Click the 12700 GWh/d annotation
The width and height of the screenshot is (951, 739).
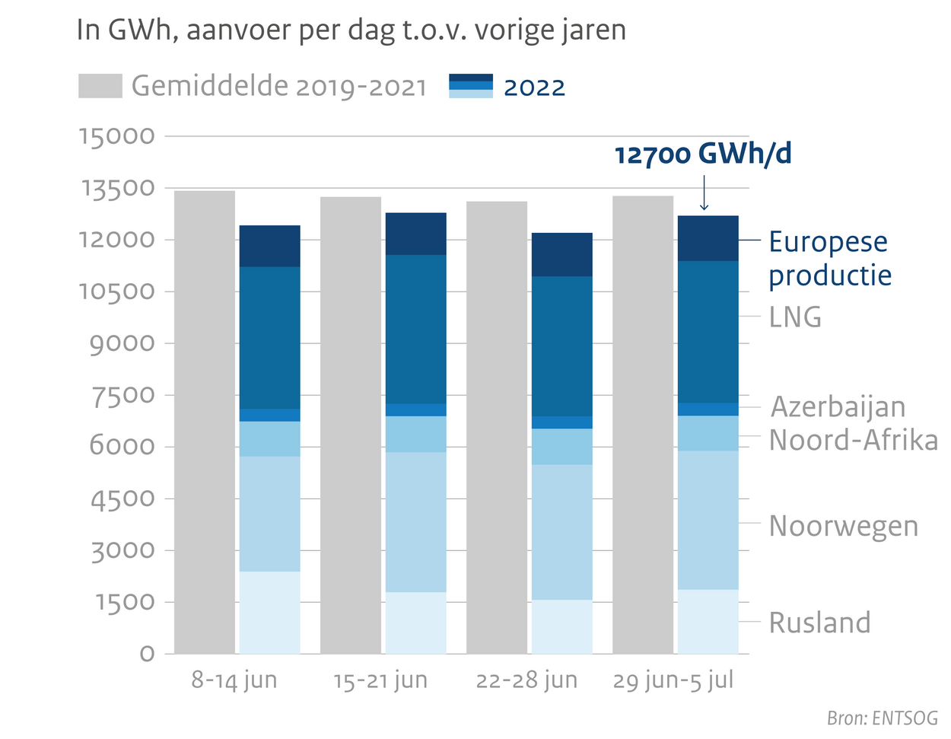[x=703, y=154]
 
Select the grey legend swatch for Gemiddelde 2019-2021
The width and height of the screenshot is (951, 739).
[x=100, y=86]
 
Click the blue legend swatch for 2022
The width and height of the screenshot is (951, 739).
[x=471, y=86]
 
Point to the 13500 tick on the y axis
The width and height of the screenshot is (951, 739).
[x=117, y=188]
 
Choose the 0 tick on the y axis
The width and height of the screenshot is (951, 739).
[x=147, y=654]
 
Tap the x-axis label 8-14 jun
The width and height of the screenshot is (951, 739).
[x=234, y=680]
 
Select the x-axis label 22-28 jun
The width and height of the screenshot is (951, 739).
[x=526, y=680]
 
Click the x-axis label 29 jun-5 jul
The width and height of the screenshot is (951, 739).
[x=673, y=680]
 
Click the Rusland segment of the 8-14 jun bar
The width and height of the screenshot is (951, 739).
[x=269, y=612]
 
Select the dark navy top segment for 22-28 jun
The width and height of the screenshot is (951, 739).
[x=561, y=254]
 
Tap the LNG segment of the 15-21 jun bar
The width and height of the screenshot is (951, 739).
[x=415, y=329]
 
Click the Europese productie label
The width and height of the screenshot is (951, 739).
[x=829, y=258]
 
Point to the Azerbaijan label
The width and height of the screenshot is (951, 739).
[x=838, y=406]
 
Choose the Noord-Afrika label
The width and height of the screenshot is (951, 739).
[x=853, y=440]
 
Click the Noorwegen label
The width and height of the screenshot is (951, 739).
[x=843, y=526]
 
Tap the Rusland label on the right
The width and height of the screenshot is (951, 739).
[x=819, y=623]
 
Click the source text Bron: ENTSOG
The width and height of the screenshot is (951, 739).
[x=882, y=718]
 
